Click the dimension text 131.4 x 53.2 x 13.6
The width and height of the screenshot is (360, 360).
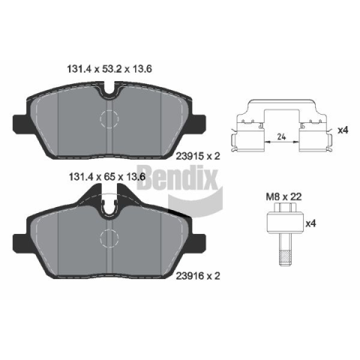[x=109, y=69]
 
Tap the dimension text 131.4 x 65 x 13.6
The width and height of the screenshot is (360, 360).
[x=107, y=177]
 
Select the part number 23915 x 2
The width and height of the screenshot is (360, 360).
[x=198, y=156]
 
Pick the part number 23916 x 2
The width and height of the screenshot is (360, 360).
[x=198, y=276]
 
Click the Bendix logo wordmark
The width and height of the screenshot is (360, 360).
[x=178, y=178]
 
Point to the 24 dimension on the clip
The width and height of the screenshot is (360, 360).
[x=281, y=136]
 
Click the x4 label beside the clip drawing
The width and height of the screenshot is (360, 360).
[x=343, y=130]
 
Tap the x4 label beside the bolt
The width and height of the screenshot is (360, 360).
[x=310, y=223]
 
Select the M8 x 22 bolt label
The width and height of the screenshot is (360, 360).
[x=283, y=196]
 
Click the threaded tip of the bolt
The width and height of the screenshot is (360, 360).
[x=285, y=259]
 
